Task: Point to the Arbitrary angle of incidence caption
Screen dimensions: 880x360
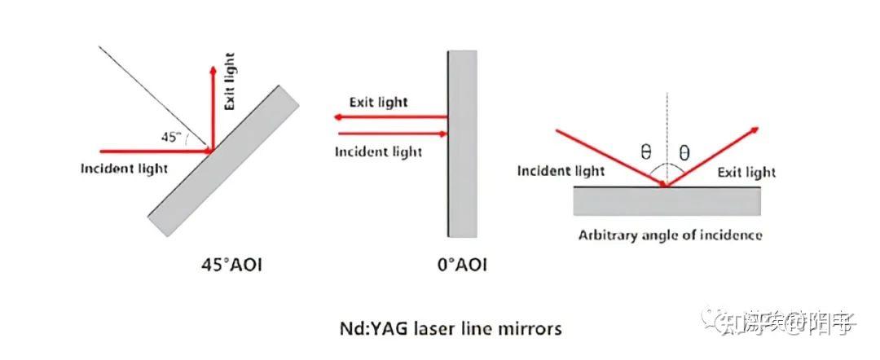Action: (x=671, y=235)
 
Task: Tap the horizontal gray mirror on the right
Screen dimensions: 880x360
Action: (x=667, y=200)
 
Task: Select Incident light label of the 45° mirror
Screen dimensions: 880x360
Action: (x=124, y=169)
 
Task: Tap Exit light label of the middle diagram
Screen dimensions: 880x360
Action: (x=378, y=103)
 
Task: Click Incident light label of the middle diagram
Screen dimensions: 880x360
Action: (x=380, y=151)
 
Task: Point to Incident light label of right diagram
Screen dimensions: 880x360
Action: (x=561, y=171)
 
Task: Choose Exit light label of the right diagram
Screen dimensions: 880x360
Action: (x=746, y=172)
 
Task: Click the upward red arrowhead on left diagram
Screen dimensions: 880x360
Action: (x=212, y=70)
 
